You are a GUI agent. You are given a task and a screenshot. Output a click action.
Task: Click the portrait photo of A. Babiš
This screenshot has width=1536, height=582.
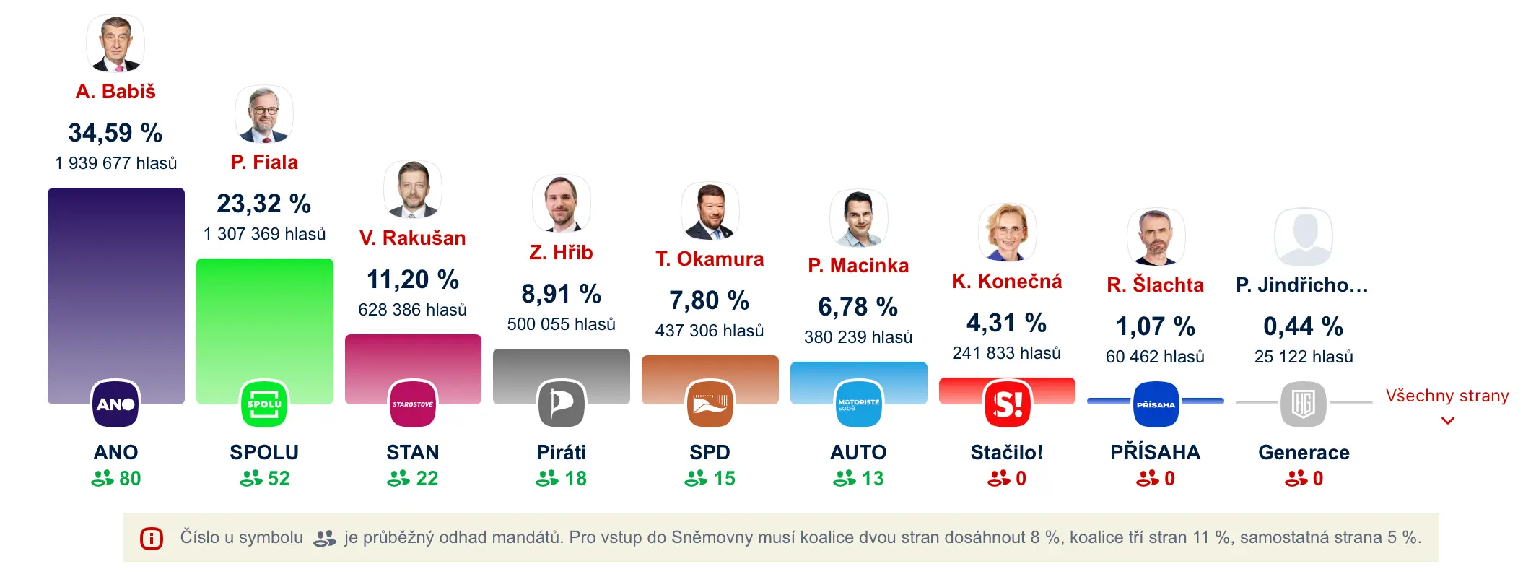click(x=115, y=43)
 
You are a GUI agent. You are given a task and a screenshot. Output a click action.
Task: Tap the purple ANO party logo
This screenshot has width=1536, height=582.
click(x=115, y=404)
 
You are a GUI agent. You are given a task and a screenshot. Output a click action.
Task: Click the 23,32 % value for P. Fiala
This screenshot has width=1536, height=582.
click(x=264, y=204)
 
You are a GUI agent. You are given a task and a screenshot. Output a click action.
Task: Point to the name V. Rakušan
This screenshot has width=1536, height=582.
click(x=413, y=238)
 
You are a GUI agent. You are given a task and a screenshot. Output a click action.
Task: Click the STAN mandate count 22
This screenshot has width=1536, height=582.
click(x=413, y=479)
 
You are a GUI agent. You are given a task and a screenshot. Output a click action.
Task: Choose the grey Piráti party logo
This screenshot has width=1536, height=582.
click(x=562, y=404)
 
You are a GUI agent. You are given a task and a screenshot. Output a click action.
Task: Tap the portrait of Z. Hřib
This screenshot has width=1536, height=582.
click(x=562, y=204)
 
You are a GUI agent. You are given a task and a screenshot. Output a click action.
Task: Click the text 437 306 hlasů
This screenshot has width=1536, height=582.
click(x=710, y=331)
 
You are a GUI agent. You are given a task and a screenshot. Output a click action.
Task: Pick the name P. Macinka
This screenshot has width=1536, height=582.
click(x=858, y=266)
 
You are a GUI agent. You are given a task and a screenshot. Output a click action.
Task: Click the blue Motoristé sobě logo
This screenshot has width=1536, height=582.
click(x=858, y=404)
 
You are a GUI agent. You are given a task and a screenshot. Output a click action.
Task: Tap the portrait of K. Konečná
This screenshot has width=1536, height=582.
click(x=1007, y=233)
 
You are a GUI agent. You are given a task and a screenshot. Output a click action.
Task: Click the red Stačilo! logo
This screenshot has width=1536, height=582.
click(x=1007, y=404)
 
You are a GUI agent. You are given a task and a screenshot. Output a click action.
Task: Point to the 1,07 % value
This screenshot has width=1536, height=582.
click(x=1156, y=326)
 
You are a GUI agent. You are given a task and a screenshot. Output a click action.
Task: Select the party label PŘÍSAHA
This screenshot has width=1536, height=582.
click(x=1156, y=453)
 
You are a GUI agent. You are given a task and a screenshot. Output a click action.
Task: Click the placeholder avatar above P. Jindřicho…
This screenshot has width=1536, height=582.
click(x=1304, y=237)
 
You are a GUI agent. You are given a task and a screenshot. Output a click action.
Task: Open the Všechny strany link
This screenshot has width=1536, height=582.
click(x=1447, y=396)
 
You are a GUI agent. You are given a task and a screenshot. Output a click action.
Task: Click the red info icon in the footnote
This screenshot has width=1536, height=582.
click(x=152, y=539)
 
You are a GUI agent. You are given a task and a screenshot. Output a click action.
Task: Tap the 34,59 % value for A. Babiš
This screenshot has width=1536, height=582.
click(x=115, y=133)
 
